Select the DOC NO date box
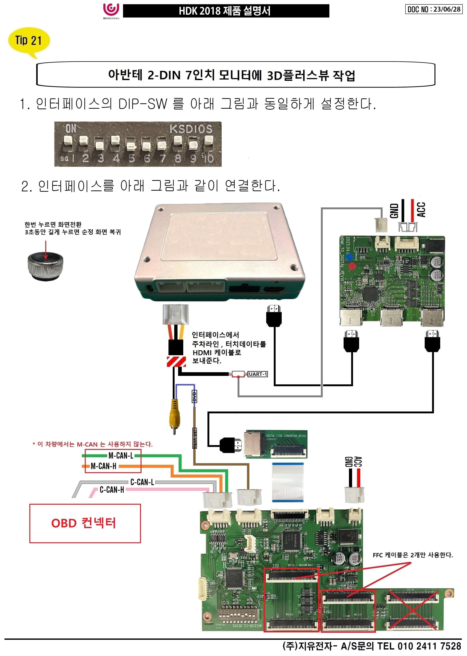[x=434, y=9]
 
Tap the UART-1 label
[x=258, y=374]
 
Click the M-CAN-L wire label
[x=121, y=456]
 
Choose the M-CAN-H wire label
[x=103, y=466]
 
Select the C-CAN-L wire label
[x=142, y=482]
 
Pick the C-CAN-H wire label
[x=112, y=490]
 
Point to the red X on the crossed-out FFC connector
[x=412, y=609]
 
